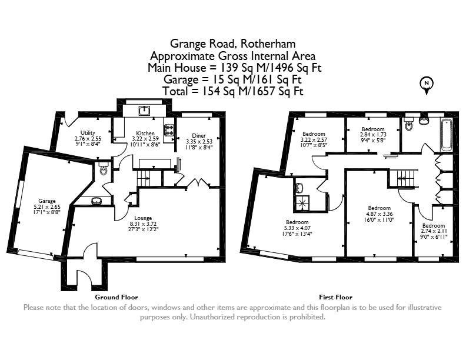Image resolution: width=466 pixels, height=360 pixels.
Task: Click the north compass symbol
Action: pyautogui.click(x=427, y=85)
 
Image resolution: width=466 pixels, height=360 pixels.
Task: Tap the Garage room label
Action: pyautogui.click(x=47, y=201)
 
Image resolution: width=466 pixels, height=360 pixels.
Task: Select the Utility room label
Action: pyautogui.click(x=88, y=133)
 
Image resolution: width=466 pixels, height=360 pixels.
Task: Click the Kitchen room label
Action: pyautogui.click(x=145, y=134)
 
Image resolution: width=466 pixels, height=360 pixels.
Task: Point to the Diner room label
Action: pyautogui.click(x=199, y=136)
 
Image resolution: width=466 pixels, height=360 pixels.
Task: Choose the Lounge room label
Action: pyautogui.click(x=143, y=218)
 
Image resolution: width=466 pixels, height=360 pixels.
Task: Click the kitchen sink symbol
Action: pyautogui.click(x=144, y=111)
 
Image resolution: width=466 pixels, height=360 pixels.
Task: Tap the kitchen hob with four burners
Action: pyautogui.click(x=169, y=130)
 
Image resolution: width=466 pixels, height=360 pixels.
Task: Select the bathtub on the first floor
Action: pyautogui.click(x=447, y=135)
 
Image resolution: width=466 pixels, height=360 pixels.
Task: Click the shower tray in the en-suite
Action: pyautogui.click(x=302, y=203)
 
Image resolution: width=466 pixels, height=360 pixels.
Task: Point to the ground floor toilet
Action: pyautogui.click(x=104, y=168)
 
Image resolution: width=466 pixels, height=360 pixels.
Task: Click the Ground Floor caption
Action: pyautogui.click(x=116, y=297)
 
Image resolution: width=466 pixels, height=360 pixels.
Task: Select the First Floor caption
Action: pyautogui.click(x=336, y=297)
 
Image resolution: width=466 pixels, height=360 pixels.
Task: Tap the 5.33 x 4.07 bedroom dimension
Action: pyautogui.click(x=297, y=228)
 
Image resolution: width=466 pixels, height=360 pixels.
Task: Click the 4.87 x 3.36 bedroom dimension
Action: pyautogui.click(x=380, y=214)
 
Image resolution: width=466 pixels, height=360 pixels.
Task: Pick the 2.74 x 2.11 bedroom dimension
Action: pyautogui.click(x=434, y=231)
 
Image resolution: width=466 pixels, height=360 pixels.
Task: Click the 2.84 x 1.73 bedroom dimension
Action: pyautogui.click(x=373, y=135)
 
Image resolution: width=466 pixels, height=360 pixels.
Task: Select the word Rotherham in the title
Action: pyautogui.click(x=268, y=44)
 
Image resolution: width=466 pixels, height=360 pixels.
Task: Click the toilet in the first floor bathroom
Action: pyautogui.click(x=409, y=124)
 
